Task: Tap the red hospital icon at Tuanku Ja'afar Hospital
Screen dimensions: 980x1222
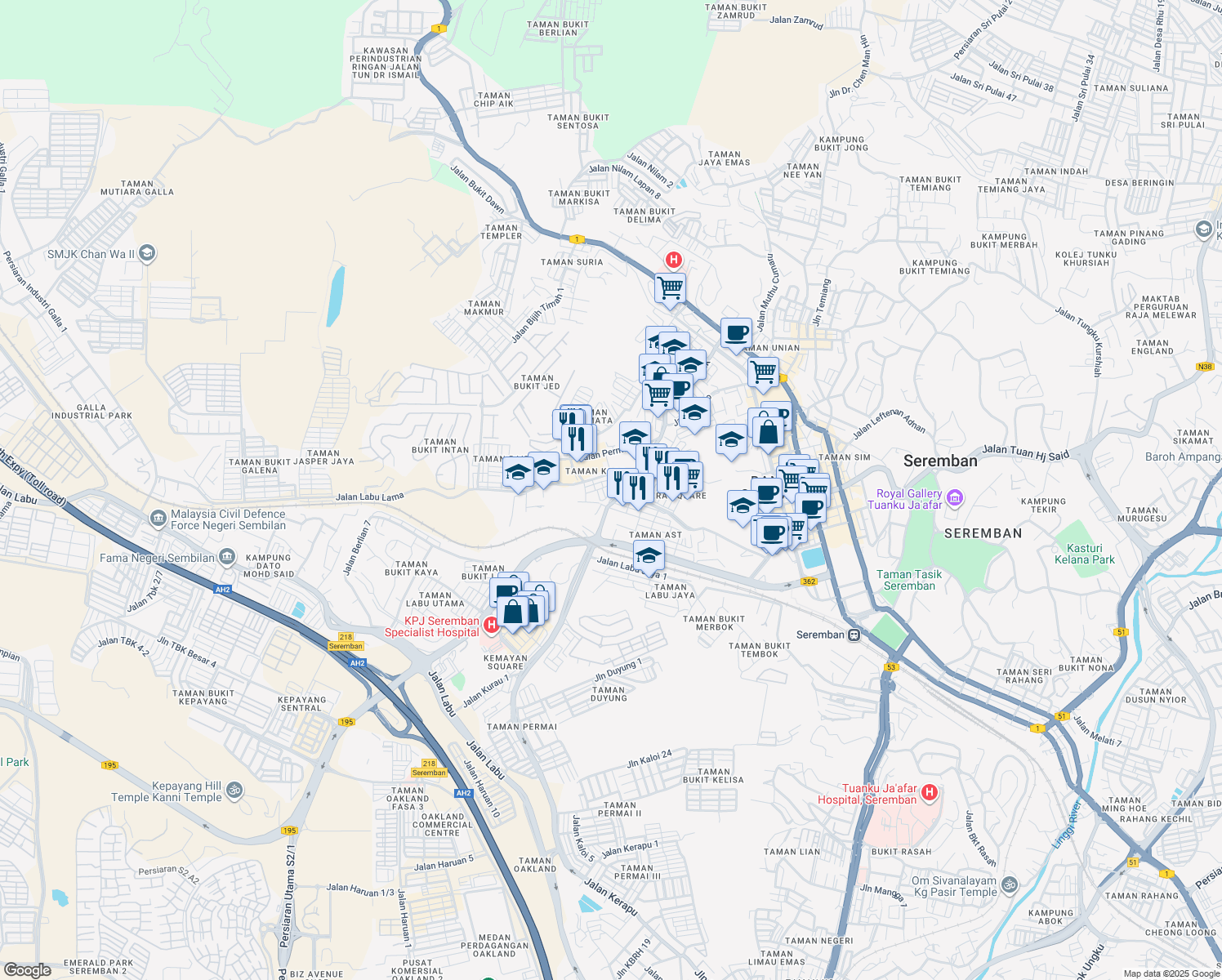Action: pos(929,792)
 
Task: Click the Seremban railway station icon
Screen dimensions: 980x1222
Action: pos(854,635)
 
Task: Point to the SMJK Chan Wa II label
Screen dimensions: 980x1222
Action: pos(91,254)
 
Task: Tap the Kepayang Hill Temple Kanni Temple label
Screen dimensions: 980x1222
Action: pos(167,791)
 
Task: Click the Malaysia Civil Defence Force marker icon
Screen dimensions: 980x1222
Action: pos(157,519)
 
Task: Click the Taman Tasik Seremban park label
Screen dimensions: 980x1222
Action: pos(909,580)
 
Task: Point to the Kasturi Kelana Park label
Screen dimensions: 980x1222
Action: pos(1084,554)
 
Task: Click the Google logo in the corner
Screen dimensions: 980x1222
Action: pos(27,970)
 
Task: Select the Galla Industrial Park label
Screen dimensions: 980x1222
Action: pos(91,412)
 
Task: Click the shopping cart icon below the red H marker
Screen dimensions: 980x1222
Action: pos(670,287)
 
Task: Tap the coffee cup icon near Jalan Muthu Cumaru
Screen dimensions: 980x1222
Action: pos(736,333)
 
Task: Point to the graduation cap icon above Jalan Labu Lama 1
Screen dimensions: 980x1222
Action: pos(649,557)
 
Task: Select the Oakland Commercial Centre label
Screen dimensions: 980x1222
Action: pos(442,824)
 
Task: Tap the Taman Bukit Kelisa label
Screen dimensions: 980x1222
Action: pos(714,775)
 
